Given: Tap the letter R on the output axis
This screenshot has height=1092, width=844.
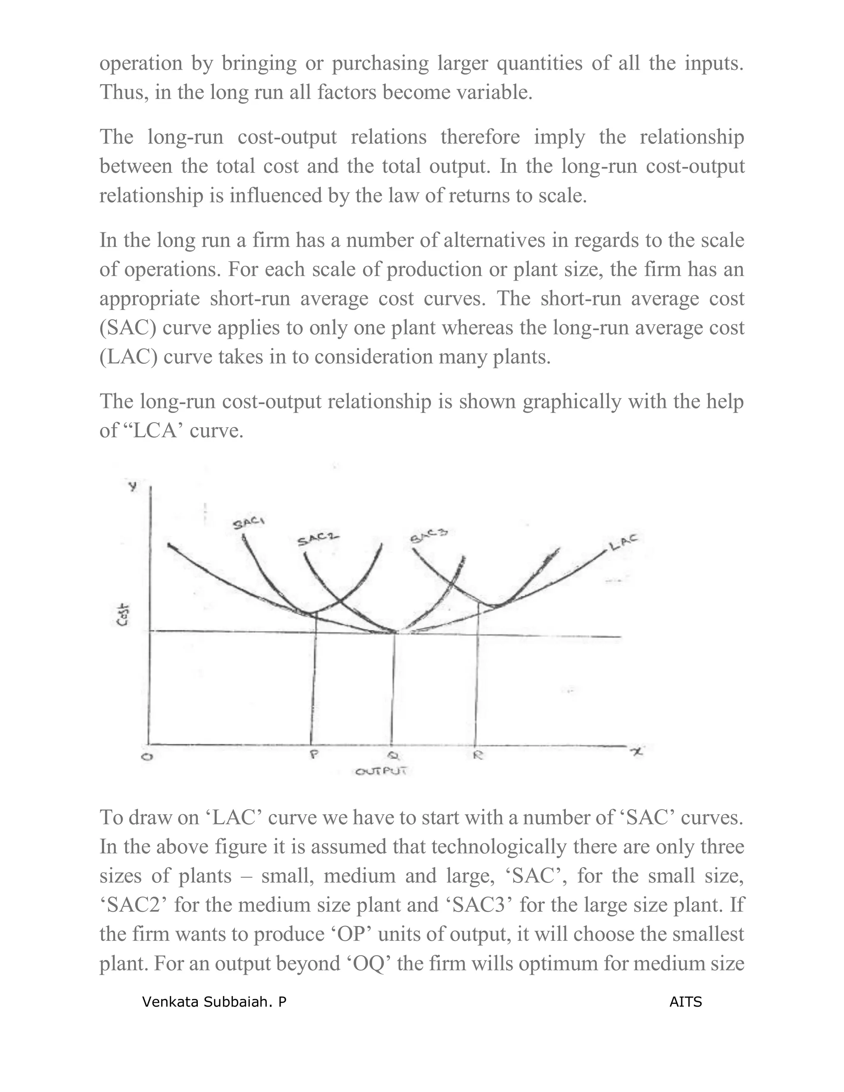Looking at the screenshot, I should point(478,755).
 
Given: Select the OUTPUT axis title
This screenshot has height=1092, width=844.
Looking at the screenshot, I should point(381,771).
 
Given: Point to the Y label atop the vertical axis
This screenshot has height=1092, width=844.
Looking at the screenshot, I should point(133,485).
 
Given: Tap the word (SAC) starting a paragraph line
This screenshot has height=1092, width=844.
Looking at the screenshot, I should point(127,328).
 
